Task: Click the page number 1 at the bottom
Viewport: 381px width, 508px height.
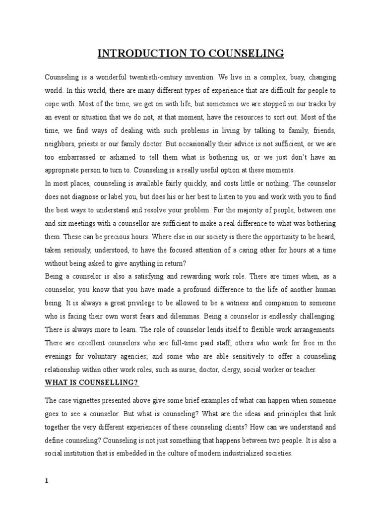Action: coord(47,480)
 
